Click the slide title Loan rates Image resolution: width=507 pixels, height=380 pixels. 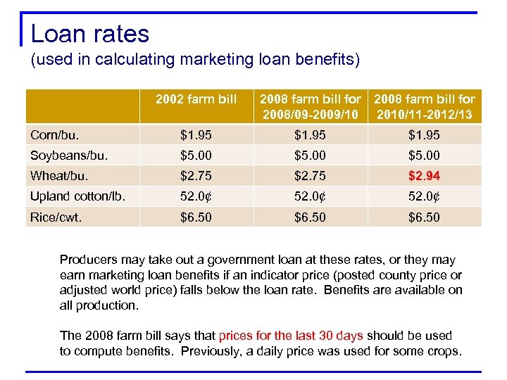[90, 34]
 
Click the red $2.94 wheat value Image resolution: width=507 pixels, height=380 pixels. [424, 176]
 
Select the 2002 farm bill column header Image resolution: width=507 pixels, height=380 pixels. [196, 99]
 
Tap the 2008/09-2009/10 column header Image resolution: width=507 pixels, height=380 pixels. [311, 107]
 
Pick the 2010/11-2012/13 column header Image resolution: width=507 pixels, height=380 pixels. [424, 107]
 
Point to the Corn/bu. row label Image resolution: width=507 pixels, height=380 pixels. [55, 134]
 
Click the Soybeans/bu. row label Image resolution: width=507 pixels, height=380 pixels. [68, 155]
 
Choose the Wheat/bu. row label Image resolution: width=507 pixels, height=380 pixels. [60, 176]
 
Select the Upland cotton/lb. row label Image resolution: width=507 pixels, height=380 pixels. [77, 196]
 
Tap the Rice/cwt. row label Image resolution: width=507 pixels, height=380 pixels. [56, 217]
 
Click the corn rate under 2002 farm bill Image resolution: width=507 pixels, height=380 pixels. [195, 134]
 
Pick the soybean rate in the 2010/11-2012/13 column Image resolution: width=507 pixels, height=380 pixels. [424, 155]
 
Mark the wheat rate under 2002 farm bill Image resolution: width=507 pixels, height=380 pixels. [195, 176]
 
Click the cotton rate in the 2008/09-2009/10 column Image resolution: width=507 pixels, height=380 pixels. [311, 196]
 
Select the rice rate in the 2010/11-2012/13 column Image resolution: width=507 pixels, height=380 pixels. [424, 217]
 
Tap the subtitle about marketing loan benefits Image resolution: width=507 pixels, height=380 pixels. [195, 61]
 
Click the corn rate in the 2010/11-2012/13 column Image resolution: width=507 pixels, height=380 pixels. [424, 134]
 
